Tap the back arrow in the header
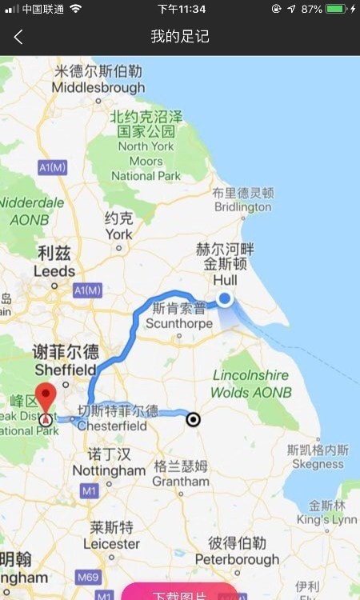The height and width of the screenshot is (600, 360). point(18,37)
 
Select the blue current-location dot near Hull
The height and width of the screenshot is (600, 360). point(225,299)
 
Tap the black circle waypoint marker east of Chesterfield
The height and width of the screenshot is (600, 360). point(193,418)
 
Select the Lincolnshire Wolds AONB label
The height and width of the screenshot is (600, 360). point(251,384)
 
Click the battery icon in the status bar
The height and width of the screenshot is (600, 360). point(336,9)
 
